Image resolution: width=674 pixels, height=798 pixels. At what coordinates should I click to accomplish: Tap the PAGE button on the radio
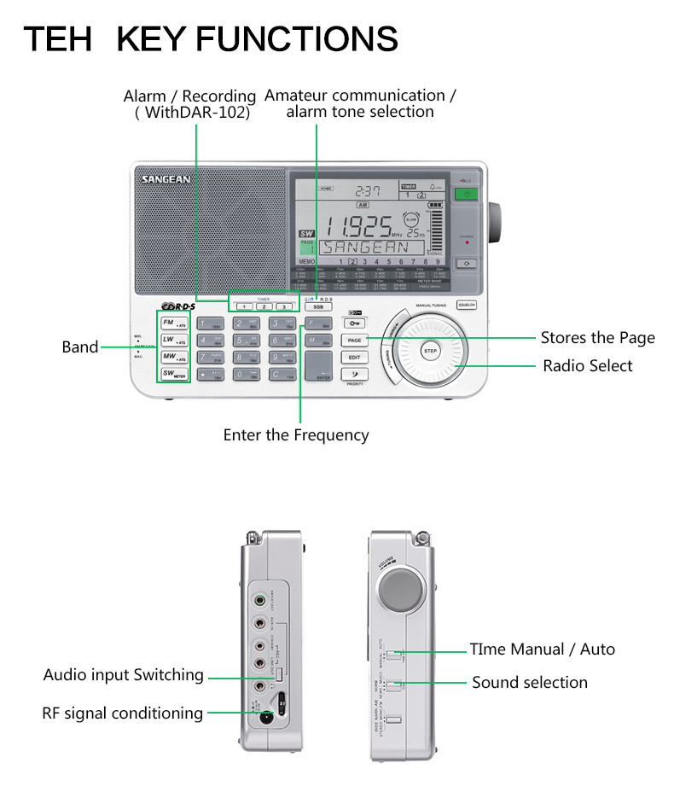(354, 340)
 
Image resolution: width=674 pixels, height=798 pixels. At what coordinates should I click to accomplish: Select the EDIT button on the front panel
(354, 357)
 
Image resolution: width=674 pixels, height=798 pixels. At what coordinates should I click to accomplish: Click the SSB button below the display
(318, 306)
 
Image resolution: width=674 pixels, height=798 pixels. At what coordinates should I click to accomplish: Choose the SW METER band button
(174, 373)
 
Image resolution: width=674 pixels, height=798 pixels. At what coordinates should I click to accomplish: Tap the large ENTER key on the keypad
(319, 365)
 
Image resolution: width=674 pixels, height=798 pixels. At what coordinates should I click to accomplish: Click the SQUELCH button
(466, 305)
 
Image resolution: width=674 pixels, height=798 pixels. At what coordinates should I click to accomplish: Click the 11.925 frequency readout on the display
(357, 226)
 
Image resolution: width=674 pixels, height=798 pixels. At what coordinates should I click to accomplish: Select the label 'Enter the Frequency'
(296, 435)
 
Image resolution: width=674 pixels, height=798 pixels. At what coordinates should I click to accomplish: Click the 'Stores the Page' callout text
(597, 338)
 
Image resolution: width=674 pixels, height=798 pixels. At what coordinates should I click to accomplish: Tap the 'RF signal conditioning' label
(123, 713)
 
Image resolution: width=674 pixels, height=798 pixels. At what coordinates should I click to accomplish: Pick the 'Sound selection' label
(530, 682)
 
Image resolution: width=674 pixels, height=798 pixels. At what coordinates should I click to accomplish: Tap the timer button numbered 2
(264, 306)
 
